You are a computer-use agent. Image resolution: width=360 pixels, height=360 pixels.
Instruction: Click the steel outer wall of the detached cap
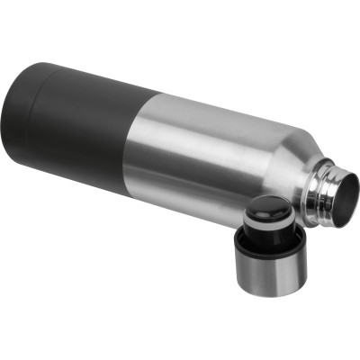(265, 270)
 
